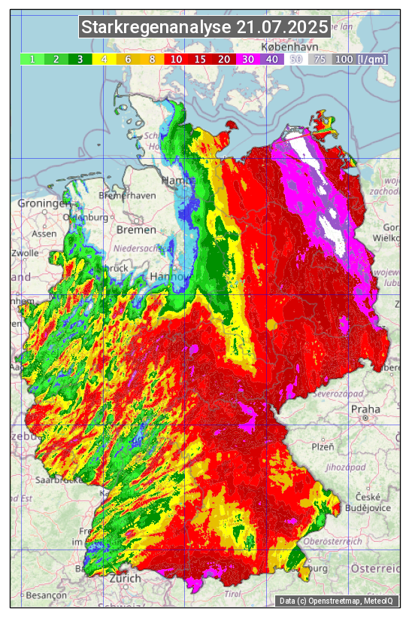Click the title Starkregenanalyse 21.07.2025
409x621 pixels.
204,28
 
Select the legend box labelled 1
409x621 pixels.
32,59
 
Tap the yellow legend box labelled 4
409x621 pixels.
105,59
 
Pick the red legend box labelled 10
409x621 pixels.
175,59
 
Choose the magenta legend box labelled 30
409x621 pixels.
247,59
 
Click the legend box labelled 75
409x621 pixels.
320,59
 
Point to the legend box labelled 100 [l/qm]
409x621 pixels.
360,59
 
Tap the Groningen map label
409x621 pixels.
44,204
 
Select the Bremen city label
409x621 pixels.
136,230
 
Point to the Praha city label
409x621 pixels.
365,410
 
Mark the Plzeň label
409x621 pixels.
323,446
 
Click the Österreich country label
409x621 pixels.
377,568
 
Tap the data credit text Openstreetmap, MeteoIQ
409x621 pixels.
338,601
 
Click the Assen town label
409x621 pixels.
44,233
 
